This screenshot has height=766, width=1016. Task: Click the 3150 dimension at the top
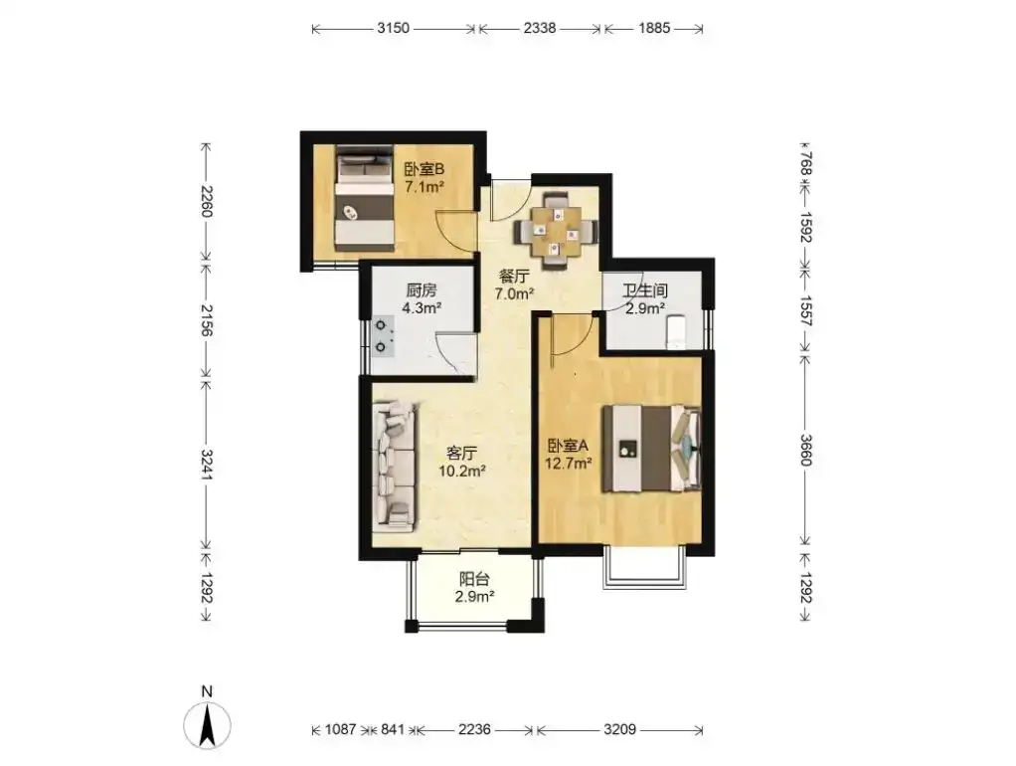click(394, 28)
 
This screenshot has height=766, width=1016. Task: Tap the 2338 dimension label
click(540, 28)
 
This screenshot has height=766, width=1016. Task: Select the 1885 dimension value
click(654, 28)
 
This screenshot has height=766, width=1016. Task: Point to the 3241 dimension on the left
click(207, 465)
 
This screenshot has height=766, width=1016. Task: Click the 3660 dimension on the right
click(805, 449)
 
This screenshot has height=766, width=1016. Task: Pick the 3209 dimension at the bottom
click(620, 729)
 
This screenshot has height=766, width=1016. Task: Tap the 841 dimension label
click(393, 729)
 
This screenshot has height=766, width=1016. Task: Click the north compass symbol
click(208, 720)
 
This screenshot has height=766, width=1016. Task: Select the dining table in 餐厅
click(556, 230)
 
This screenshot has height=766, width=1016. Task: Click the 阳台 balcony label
click(474, 579)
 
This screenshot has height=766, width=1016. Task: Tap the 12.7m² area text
click(569, 464)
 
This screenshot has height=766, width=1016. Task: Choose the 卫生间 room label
click(645, 289)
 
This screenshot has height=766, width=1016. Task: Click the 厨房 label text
click(422, 289)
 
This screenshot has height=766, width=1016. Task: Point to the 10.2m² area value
click(462, 471)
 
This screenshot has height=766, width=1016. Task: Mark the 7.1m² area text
click(423, 187)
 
